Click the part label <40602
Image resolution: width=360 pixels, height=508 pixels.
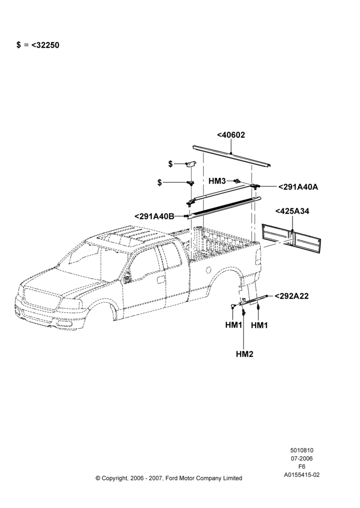point(231,135)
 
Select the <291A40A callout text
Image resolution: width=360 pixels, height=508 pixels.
point(298,187)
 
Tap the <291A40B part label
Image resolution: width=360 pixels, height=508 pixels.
point(155,216)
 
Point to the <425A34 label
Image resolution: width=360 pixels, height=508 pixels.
point(292,211)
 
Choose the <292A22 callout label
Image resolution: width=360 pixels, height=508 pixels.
point(291,296)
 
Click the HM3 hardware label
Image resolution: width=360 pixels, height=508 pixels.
point(217,181)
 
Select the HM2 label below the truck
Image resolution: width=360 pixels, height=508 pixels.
point(245,354)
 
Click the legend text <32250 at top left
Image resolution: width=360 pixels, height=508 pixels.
point(45,45)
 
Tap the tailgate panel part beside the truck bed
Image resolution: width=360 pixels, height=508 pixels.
point(291,238)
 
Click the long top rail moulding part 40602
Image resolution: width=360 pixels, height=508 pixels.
point(231,156)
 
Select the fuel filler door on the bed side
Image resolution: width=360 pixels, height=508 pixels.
point(208,269)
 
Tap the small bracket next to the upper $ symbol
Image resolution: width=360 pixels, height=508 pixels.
point(191,164)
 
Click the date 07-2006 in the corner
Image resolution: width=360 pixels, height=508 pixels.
point(302,458)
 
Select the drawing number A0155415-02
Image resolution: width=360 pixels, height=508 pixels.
point(302,475)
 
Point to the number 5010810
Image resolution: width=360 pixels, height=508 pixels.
point(302,450)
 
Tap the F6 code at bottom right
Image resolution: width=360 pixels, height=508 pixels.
point(302,466)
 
